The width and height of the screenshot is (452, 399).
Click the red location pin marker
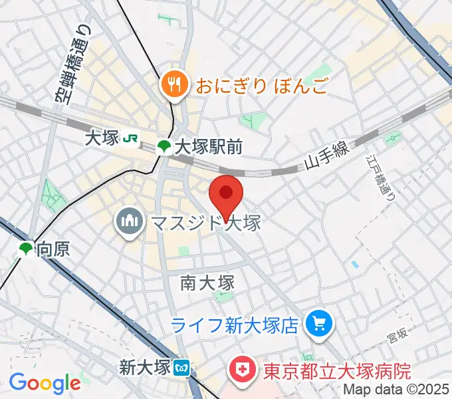pos(226,195)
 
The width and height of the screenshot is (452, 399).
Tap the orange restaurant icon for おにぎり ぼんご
pos(174,84)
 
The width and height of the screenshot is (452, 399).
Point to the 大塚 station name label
pos(102,138)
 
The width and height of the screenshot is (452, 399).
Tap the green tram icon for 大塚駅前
pos(163,146)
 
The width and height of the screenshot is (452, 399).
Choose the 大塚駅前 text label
pos(208,146)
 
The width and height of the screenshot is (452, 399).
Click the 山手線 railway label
pos(327,158)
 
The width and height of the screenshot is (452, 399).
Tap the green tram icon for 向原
pos(25,249)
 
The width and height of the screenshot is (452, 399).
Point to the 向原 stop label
pos(53,250)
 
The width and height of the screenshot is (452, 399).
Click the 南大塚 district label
pos(207,283)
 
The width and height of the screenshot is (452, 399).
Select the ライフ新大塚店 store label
pos(235,325)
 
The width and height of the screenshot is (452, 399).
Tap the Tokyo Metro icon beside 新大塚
pos(181,366)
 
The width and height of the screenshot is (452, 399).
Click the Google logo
pos(45,383)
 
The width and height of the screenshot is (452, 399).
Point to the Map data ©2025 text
pos(397,390)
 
